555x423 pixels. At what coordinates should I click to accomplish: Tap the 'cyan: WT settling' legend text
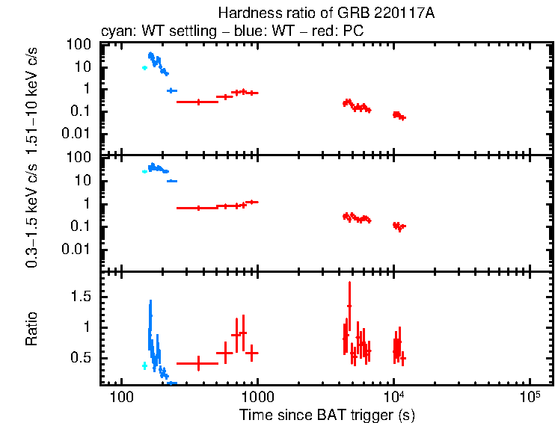click(x=150, y=32)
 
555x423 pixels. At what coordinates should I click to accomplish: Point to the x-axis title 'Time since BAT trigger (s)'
click(x=327, y=413)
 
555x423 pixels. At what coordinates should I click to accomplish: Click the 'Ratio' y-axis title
click(x=31, y=328)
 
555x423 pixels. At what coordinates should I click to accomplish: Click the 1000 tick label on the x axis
click(x=257, y=395)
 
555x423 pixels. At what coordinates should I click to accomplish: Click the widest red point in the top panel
click(x=198, y=102)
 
